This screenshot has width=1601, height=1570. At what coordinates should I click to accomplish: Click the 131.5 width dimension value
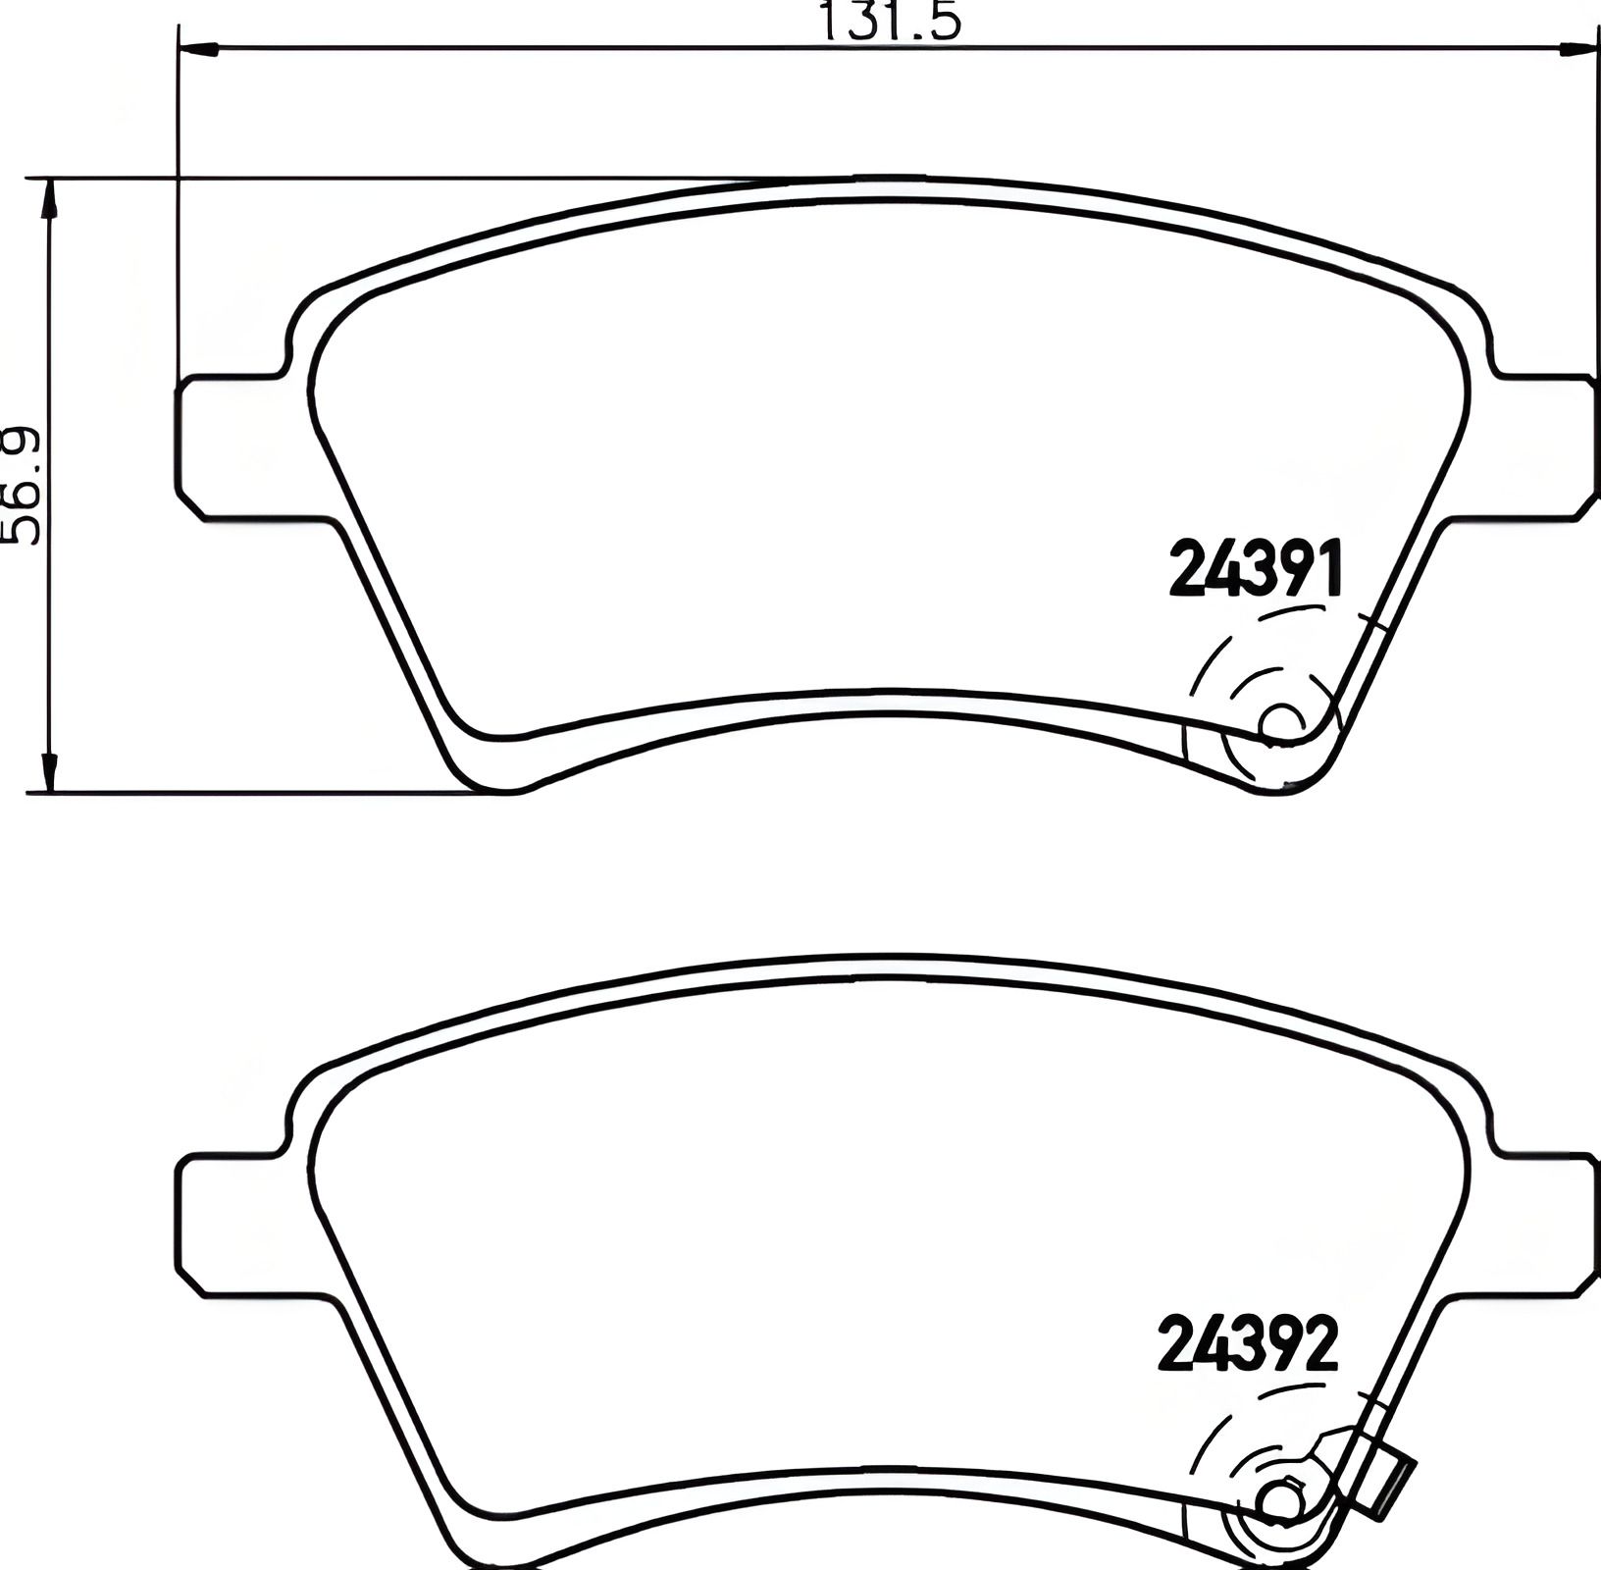point(890,20)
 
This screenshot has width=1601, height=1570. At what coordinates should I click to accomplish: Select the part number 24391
point(1254,570)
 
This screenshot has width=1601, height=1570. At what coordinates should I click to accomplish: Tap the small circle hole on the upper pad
point(1280,722)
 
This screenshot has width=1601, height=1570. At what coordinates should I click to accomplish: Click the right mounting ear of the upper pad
point(1545,444)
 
